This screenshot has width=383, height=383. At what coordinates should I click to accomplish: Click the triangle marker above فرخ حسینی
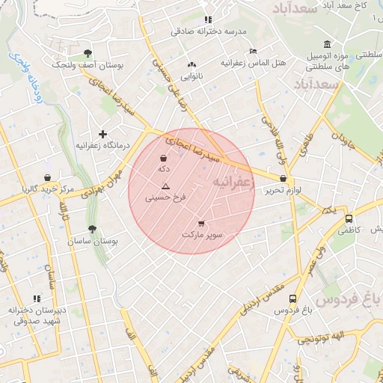(166, 186)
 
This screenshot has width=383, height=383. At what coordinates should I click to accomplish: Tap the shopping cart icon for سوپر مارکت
(200, 223)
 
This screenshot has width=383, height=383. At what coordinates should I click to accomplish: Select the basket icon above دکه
(164, 157)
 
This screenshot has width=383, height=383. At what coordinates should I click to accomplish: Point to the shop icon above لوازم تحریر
(283, 179)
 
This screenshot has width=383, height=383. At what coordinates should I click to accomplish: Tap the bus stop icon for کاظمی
(349, 218)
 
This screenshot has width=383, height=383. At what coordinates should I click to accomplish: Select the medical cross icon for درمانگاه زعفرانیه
(102, 133)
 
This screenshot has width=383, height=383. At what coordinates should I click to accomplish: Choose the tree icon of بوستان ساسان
(92, 230)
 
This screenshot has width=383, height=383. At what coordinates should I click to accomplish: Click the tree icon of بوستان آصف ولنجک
(88, 53)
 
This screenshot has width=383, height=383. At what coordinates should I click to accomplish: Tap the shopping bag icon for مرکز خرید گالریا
(48, 177)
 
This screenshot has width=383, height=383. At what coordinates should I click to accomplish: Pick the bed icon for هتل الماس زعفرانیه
(253, 51)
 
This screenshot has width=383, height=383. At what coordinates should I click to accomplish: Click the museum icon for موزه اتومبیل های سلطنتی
(326, 43)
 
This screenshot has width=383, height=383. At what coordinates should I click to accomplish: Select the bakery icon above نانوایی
(192, 64)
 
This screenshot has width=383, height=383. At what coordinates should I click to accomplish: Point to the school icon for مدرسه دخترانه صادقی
(208, 19)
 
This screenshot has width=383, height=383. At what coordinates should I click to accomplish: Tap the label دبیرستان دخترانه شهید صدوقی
(38, 315)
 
